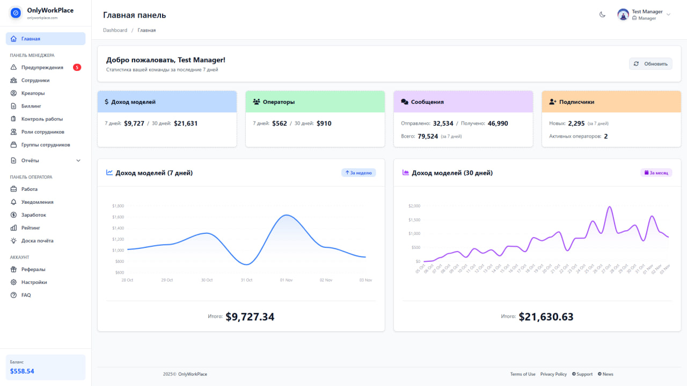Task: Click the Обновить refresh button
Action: click(x=651, y=64)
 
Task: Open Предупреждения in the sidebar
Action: click(x=42, y=67)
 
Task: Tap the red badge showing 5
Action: click(x=77, y=67)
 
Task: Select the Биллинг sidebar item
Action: click(x=31, y=106)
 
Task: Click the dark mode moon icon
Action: click(x=602, y=15)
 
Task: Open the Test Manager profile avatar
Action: click(x=623, y=15)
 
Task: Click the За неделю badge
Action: click(x=359, y=173)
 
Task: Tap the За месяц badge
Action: click(x=656, y=173)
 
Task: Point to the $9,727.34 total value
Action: click(x=250, y=317)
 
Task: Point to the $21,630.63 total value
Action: click(x=546, y=317)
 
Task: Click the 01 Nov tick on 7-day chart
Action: click(x=286, y=280)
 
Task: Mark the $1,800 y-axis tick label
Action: click(x=118, y=206)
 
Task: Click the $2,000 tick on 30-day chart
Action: click(x=414, y=206)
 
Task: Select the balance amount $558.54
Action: click(x=22, y=371)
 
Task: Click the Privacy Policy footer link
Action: click(x=553, y=374)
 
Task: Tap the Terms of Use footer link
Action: click(x=522, y=374)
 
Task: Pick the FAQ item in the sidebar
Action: click(x=26, y=295)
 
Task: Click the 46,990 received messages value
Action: click(x=498, y=123)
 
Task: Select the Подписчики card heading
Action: click(x=576, y=102)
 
